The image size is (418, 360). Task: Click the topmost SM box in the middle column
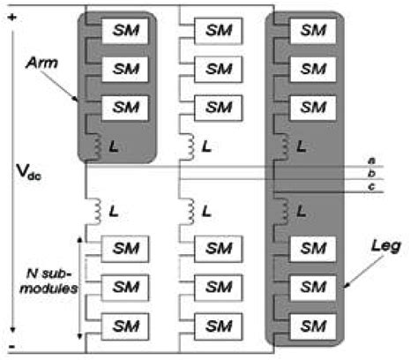[x=216, y=29]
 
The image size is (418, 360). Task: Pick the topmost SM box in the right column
[x=308, y=29]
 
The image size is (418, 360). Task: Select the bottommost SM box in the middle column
[x=216, y=323]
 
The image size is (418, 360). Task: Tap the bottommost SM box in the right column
[x=308, y=323]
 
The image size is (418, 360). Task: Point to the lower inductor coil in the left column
[x=93, y=210]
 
